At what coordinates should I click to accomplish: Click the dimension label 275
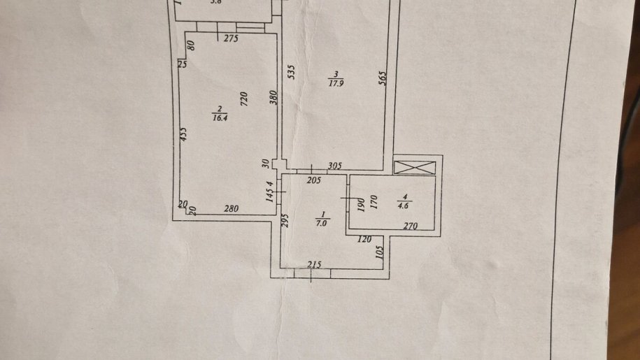coord(232,39)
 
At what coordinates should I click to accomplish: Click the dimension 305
coord(335,166)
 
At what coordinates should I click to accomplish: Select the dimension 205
coord(313,181)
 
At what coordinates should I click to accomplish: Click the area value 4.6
coord(404,206)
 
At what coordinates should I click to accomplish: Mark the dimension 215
coord(315,265)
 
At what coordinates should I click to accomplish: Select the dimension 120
coord(364,240)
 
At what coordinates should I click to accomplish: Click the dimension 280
coord(232,208)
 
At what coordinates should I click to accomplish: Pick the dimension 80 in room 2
coord(190,49)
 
